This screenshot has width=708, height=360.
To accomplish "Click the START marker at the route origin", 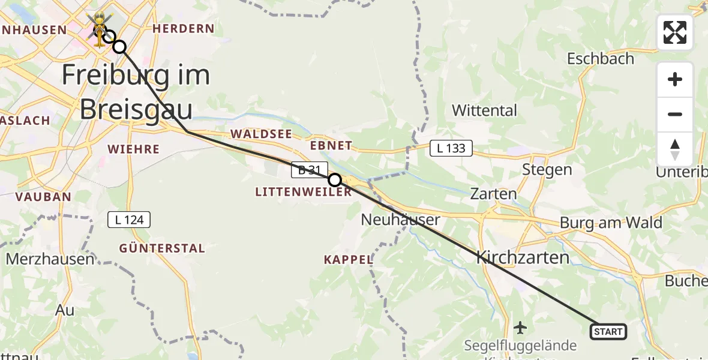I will click(608, 331).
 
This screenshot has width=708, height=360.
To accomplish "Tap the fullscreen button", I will click(675, 32).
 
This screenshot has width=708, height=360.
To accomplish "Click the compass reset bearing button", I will click(675, 149).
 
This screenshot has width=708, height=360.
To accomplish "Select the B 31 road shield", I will click(310, 170).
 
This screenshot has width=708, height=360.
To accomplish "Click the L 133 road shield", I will click(451, 148).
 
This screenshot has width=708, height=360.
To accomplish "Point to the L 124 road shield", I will click(129, 220).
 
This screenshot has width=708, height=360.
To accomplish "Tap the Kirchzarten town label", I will click(523, 258).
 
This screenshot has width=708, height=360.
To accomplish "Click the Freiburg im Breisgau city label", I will click(136, 93).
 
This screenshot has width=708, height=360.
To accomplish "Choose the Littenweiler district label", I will click(303, 193).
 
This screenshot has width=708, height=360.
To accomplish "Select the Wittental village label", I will click(484, 110).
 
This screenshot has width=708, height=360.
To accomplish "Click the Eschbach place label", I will click(601, 59).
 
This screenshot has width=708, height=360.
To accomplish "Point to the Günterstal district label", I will click(162, 248).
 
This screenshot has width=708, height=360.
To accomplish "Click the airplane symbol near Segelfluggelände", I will click(520, 328).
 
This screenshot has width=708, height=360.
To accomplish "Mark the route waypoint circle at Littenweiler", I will click(335, 180).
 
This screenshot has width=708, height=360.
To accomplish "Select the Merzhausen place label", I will click(50, 259).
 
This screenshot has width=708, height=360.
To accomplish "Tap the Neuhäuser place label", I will click(400, 220).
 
